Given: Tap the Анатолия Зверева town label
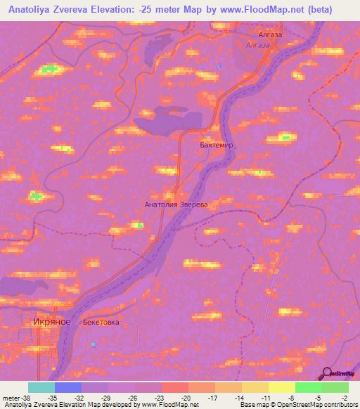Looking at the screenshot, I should [176, 205].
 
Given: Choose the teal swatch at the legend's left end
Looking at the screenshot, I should [41, 387].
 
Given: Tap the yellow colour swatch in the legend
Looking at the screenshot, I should [282, 387].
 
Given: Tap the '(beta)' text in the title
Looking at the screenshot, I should [331, 10].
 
